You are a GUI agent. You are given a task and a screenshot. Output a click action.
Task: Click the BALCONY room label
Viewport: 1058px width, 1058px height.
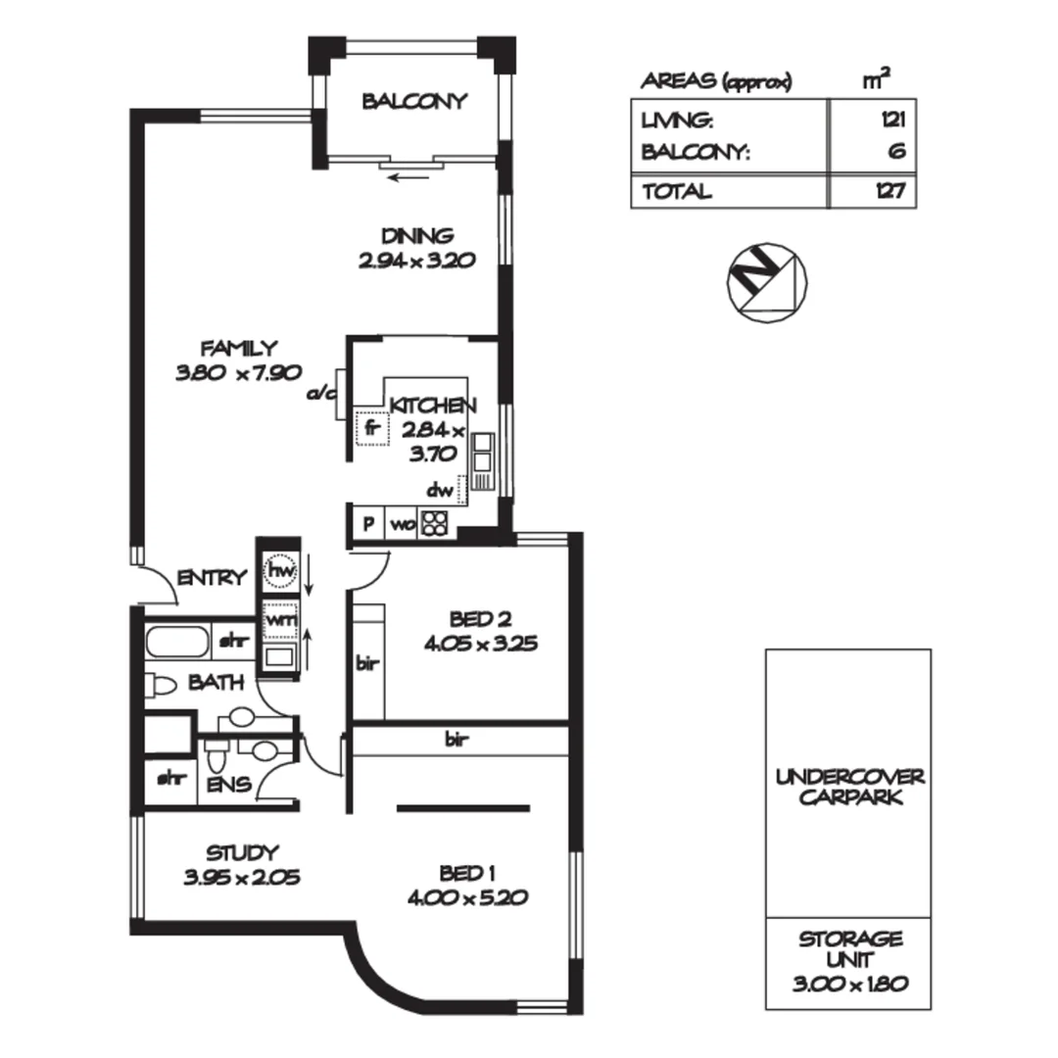[x=413, y=102]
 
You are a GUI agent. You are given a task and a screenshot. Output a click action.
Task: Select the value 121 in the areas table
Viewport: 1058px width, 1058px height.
[x=891, y=121]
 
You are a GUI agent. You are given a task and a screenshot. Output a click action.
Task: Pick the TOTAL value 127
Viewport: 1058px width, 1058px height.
[x=890, y=192]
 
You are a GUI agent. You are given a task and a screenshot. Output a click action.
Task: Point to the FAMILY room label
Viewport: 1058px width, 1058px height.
[x=239, y=348]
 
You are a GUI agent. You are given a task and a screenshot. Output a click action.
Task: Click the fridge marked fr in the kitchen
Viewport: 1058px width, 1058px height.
[x=371, y=428]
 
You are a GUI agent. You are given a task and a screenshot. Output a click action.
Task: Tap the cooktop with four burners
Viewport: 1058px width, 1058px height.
[x=434, y=524]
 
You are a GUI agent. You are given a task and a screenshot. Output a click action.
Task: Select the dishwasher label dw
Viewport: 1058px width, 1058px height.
[x=438, y=489]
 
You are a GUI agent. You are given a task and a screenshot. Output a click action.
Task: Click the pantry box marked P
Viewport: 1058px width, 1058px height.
[x=368, y=523]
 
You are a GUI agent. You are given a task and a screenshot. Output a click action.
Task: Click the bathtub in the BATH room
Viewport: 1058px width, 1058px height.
[x=177, y=644]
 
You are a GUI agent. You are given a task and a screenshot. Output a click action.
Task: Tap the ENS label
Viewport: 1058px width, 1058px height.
[x=227, y=785]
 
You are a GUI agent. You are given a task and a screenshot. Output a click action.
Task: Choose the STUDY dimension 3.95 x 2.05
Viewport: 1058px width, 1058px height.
[x=241, y=878]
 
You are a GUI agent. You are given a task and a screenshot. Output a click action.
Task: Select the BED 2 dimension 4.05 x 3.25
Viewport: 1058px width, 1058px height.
[x=480, y=645]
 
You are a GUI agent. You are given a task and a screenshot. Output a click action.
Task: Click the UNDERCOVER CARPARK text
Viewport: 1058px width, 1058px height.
[x=848, y=787]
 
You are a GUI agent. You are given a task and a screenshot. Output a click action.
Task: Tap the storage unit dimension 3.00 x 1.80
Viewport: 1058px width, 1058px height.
[x=848, y=980]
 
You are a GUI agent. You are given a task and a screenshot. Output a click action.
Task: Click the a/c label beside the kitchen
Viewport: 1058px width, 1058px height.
[x=321, y=395]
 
